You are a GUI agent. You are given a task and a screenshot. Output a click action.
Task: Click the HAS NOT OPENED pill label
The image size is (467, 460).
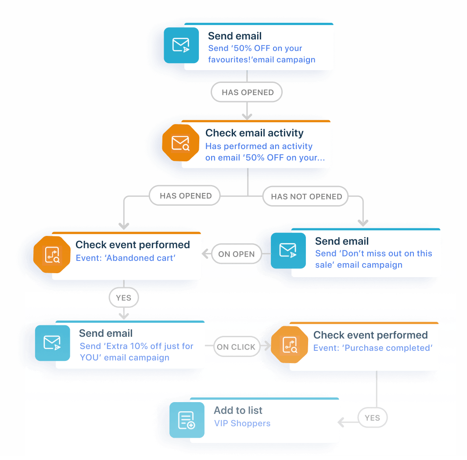pos(306,196)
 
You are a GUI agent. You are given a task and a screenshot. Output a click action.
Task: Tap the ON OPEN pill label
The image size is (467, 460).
pos(236,254)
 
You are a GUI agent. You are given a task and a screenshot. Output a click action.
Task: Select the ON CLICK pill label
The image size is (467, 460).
pos(236,347)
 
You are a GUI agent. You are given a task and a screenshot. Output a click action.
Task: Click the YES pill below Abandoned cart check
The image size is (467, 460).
pos(123,298)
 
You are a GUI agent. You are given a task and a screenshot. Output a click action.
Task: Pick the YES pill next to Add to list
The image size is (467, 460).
pos(372,418)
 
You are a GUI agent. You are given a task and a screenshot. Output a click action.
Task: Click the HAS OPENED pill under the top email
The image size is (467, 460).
pos(247,93)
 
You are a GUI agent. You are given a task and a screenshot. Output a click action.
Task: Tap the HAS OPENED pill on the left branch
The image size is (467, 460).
pos(186,196)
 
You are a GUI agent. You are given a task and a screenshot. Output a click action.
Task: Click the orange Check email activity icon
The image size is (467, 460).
pos(180,143)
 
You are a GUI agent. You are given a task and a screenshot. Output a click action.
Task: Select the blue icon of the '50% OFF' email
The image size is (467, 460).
pos(181,46)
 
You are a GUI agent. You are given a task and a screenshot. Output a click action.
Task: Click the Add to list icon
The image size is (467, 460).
pos(187,420)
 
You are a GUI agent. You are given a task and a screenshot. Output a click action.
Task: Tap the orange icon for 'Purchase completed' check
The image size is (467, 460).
pos(289,344)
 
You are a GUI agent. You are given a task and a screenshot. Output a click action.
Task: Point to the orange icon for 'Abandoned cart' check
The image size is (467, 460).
pos(52,254)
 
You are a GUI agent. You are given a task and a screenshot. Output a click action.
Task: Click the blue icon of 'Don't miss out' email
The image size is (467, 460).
pos(288,250)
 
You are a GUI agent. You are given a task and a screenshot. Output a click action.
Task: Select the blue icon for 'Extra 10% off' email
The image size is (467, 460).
pos(52,342)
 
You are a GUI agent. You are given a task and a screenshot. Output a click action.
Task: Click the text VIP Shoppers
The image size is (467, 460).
pos(242,424)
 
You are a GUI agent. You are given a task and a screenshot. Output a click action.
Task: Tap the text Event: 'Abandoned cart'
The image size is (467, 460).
pos(126,258)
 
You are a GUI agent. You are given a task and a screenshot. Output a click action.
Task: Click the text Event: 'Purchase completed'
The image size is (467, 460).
pos(373,348)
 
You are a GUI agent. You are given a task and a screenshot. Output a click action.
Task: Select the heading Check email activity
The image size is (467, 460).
pos(254,133)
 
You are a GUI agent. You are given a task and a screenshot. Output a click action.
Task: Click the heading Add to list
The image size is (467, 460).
pos(238,410)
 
